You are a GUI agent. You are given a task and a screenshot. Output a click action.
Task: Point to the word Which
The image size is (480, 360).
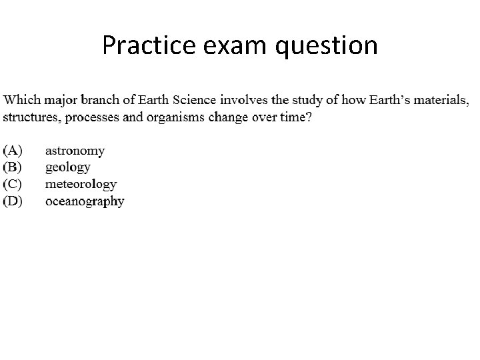(22, 101)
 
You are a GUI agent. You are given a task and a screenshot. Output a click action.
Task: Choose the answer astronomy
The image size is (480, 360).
(75, 152)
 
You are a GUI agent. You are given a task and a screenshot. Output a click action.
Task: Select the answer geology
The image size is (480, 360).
(67, 168)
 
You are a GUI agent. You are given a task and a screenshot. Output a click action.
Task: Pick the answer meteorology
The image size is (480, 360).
(81, 184)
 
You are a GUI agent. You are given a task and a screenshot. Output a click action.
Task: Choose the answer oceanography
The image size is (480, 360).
(84, 201)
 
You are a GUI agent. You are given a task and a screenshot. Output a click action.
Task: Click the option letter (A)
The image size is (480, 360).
(13, 151)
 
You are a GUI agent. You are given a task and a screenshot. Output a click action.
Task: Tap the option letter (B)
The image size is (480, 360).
(13, 167)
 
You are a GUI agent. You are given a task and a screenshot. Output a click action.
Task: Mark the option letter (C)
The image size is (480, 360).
(13, 184)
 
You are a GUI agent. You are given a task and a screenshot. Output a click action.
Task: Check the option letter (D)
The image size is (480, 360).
(13, 200)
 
